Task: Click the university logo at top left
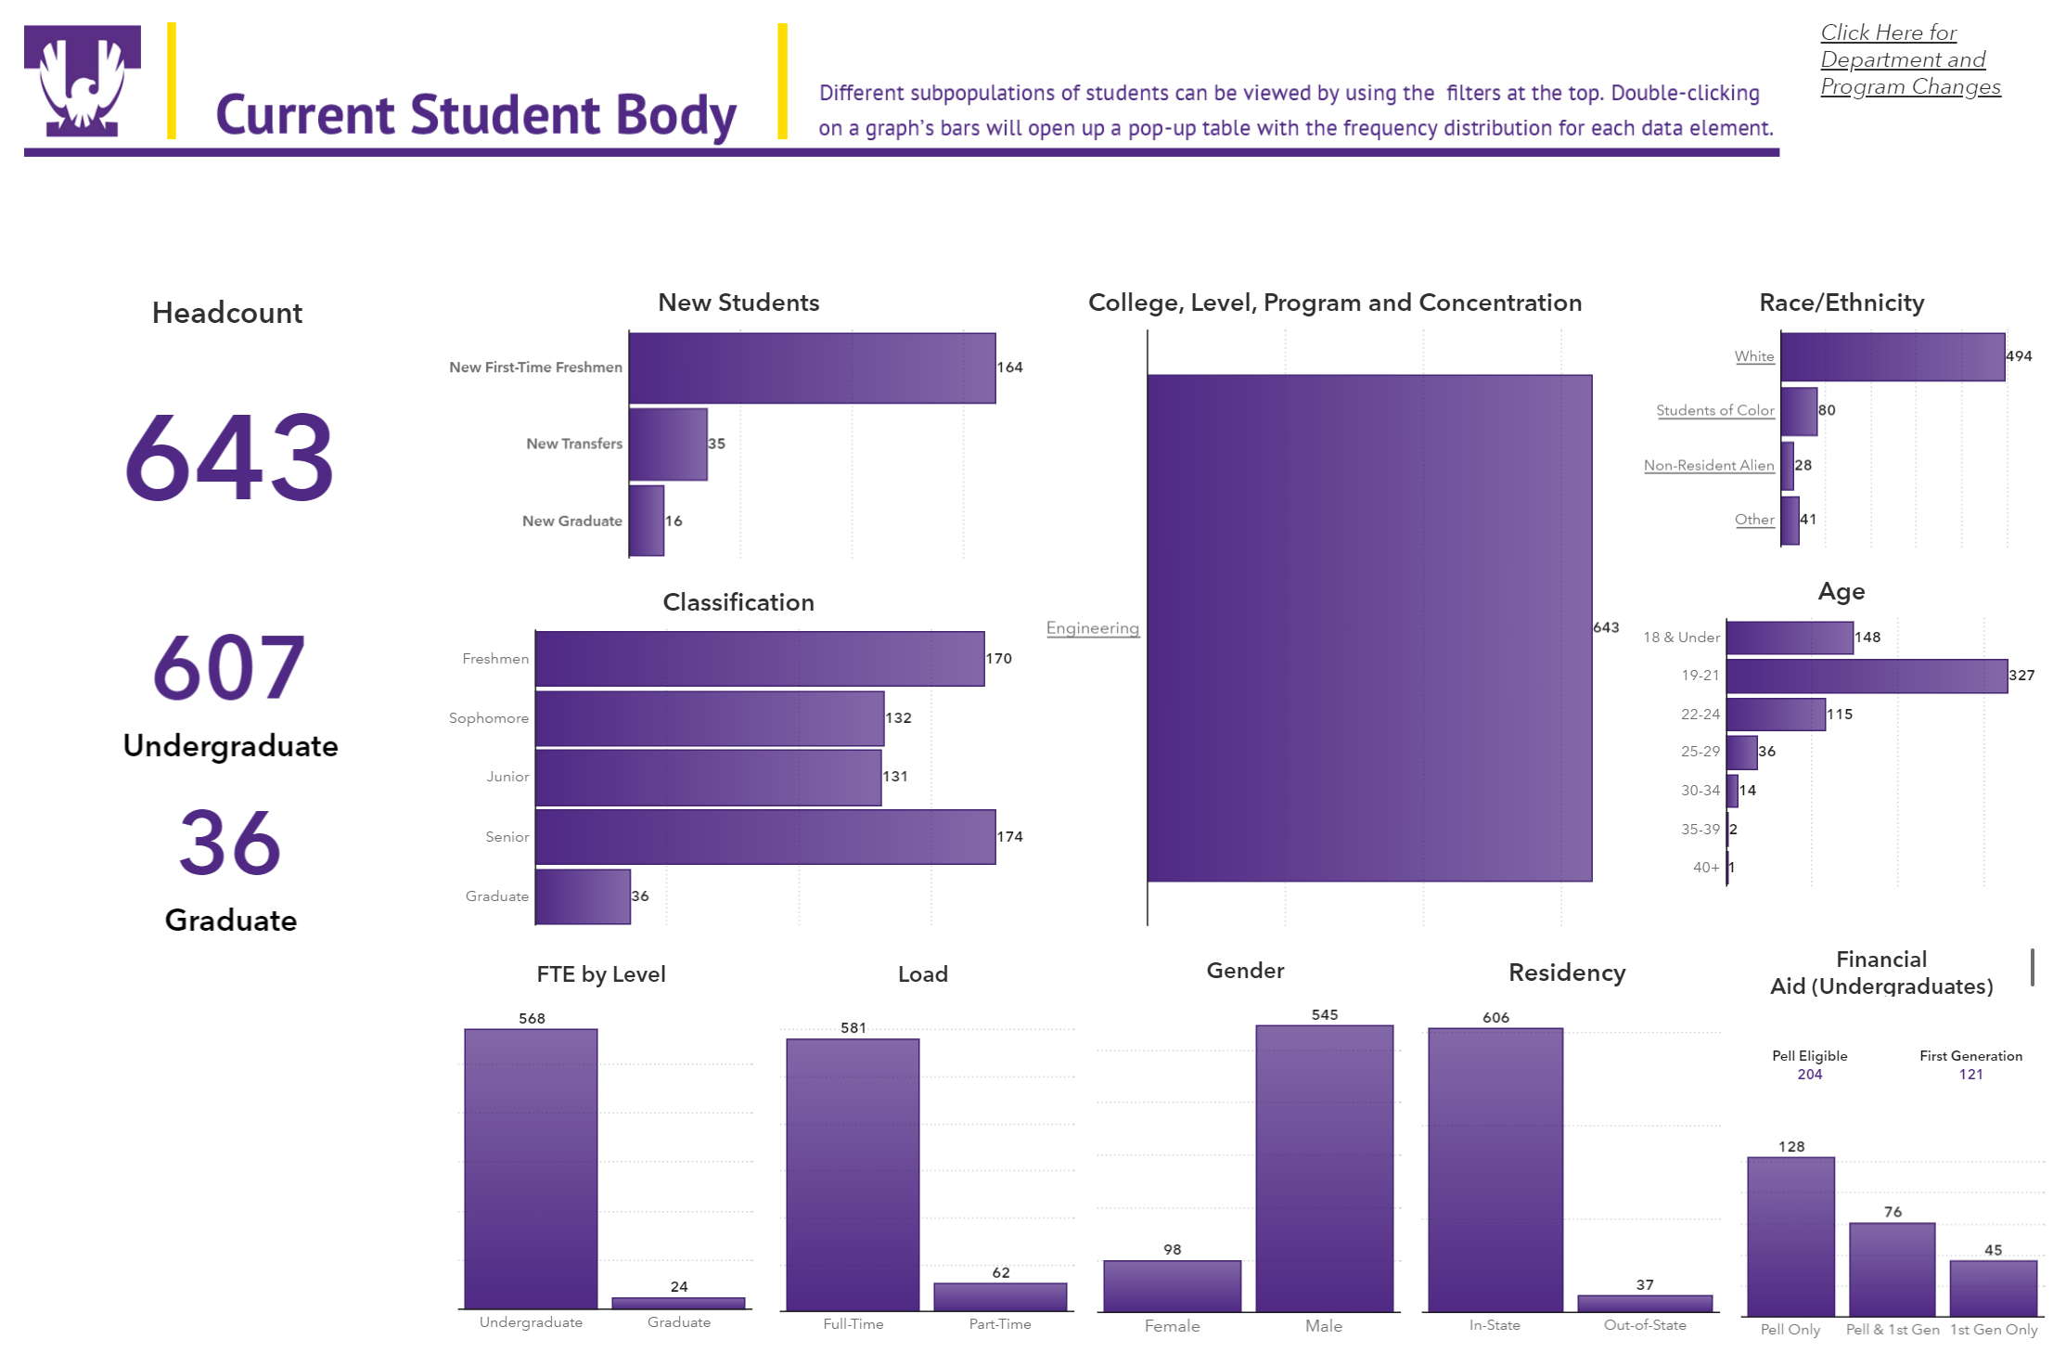(83, 81)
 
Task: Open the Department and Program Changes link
(1909, 59)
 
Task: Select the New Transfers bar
(668, 445)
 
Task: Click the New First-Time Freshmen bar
(812, 368)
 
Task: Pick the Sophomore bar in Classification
(710, 718)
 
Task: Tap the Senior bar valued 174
(765, 837)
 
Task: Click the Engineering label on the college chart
(1092, 628)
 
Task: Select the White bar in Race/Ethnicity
(1893, 357)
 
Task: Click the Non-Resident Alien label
(1708, 466)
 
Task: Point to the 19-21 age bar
(1867, 676)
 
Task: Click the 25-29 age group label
(1700, 752)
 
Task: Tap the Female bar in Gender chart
(1172, 1285)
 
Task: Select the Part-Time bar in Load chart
(1000, 1296)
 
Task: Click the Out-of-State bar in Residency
(1645, 1303)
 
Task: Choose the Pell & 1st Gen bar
(1892, 1269)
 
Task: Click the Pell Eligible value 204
(1809, 1075)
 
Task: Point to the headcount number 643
(229, 457)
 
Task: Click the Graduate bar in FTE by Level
(678, 1303)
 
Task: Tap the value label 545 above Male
(1324, 1015)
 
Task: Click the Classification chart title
(738, 602)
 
